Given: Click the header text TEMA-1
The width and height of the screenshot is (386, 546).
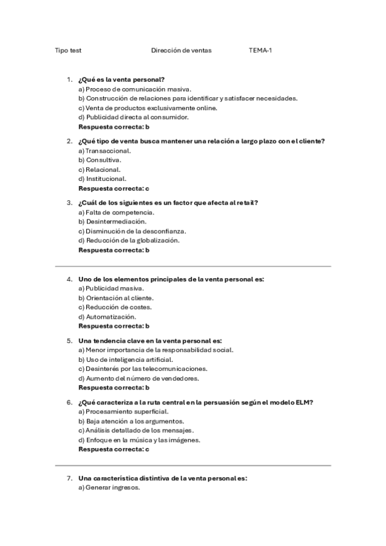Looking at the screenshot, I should click(x=261, y=50).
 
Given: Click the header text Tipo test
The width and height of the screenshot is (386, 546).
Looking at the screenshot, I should click(x=68, y=50).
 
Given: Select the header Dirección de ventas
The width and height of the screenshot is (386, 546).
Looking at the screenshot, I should click(x=181, y=50).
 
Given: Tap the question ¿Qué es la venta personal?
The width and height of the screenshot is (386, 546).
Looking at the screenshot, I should click(x=121, y=79).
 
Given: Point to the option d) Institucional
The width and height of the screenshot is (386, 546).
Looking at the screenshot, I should click(x=102, y=179).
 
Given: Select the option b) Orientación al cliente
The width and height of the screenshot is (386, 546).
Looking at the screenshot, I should click(x=116, y=297).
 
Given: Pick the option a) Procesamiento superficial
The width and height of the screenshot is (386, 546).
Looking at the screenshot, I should click(x=123, y=411).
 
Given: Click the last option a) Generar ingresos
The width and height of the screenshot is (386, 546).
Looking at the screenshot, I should click(x=109, y=487).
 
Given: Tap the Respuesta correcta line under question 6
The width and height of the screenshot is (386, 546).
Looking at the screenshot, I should click(x=113, y=449).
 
